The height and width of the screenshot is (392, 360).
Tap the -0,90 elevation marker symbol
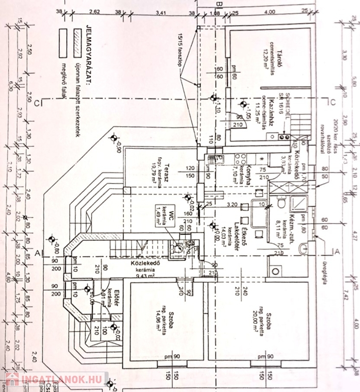(x=113, y=137)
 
